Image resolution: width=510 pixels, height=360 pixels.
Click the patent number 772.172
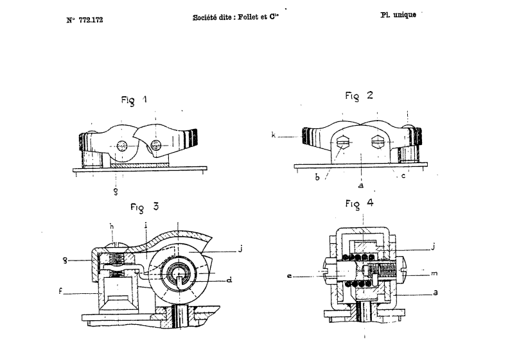(x=91, y=20)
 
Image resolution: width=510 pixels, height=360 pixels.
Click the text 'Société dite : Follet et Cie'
(x=236, y=17)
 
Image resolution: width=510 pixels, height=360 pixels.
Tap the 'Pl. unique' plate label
(x=398, y=15)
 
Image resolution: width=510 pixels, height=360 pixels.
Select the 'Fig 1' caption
(x=134, y=99)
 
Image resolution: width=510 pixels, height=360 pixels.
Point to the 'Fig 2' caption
(x=359, y=96)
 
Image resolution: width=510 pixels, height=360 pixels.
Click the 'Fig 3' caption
(x=145, y=207)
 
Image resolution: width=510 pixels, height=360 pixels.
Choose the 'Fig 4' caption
(x=360, y=203)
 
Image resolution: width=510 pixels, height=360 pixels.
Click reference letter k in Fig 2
(x=274, y=135)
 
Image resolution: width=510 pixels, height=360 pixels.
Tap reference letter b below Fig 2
(x=317, y=177)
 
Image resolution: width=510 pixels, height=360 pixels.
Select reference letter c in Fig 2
(x=403, y=176)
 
